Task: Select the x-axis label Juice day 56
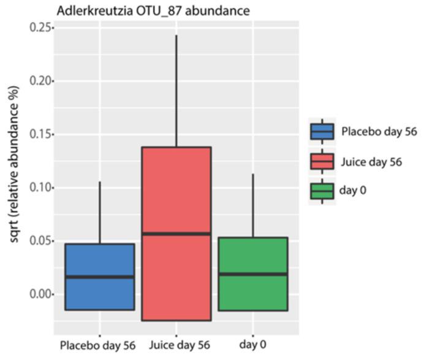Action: pos(176,345)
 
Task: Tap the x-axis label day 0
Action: pos(252,345)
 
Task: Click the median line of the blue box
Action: pos(100,277)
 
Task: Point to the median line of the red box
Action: pos(176,234)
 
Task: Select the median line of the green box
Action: pos(253,274)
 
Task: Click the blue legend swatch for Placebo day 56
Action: pos(322,132)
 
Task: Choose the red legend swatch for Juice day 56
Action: pos(322,161)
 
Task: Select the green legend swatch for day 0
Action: pos(322,191)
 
